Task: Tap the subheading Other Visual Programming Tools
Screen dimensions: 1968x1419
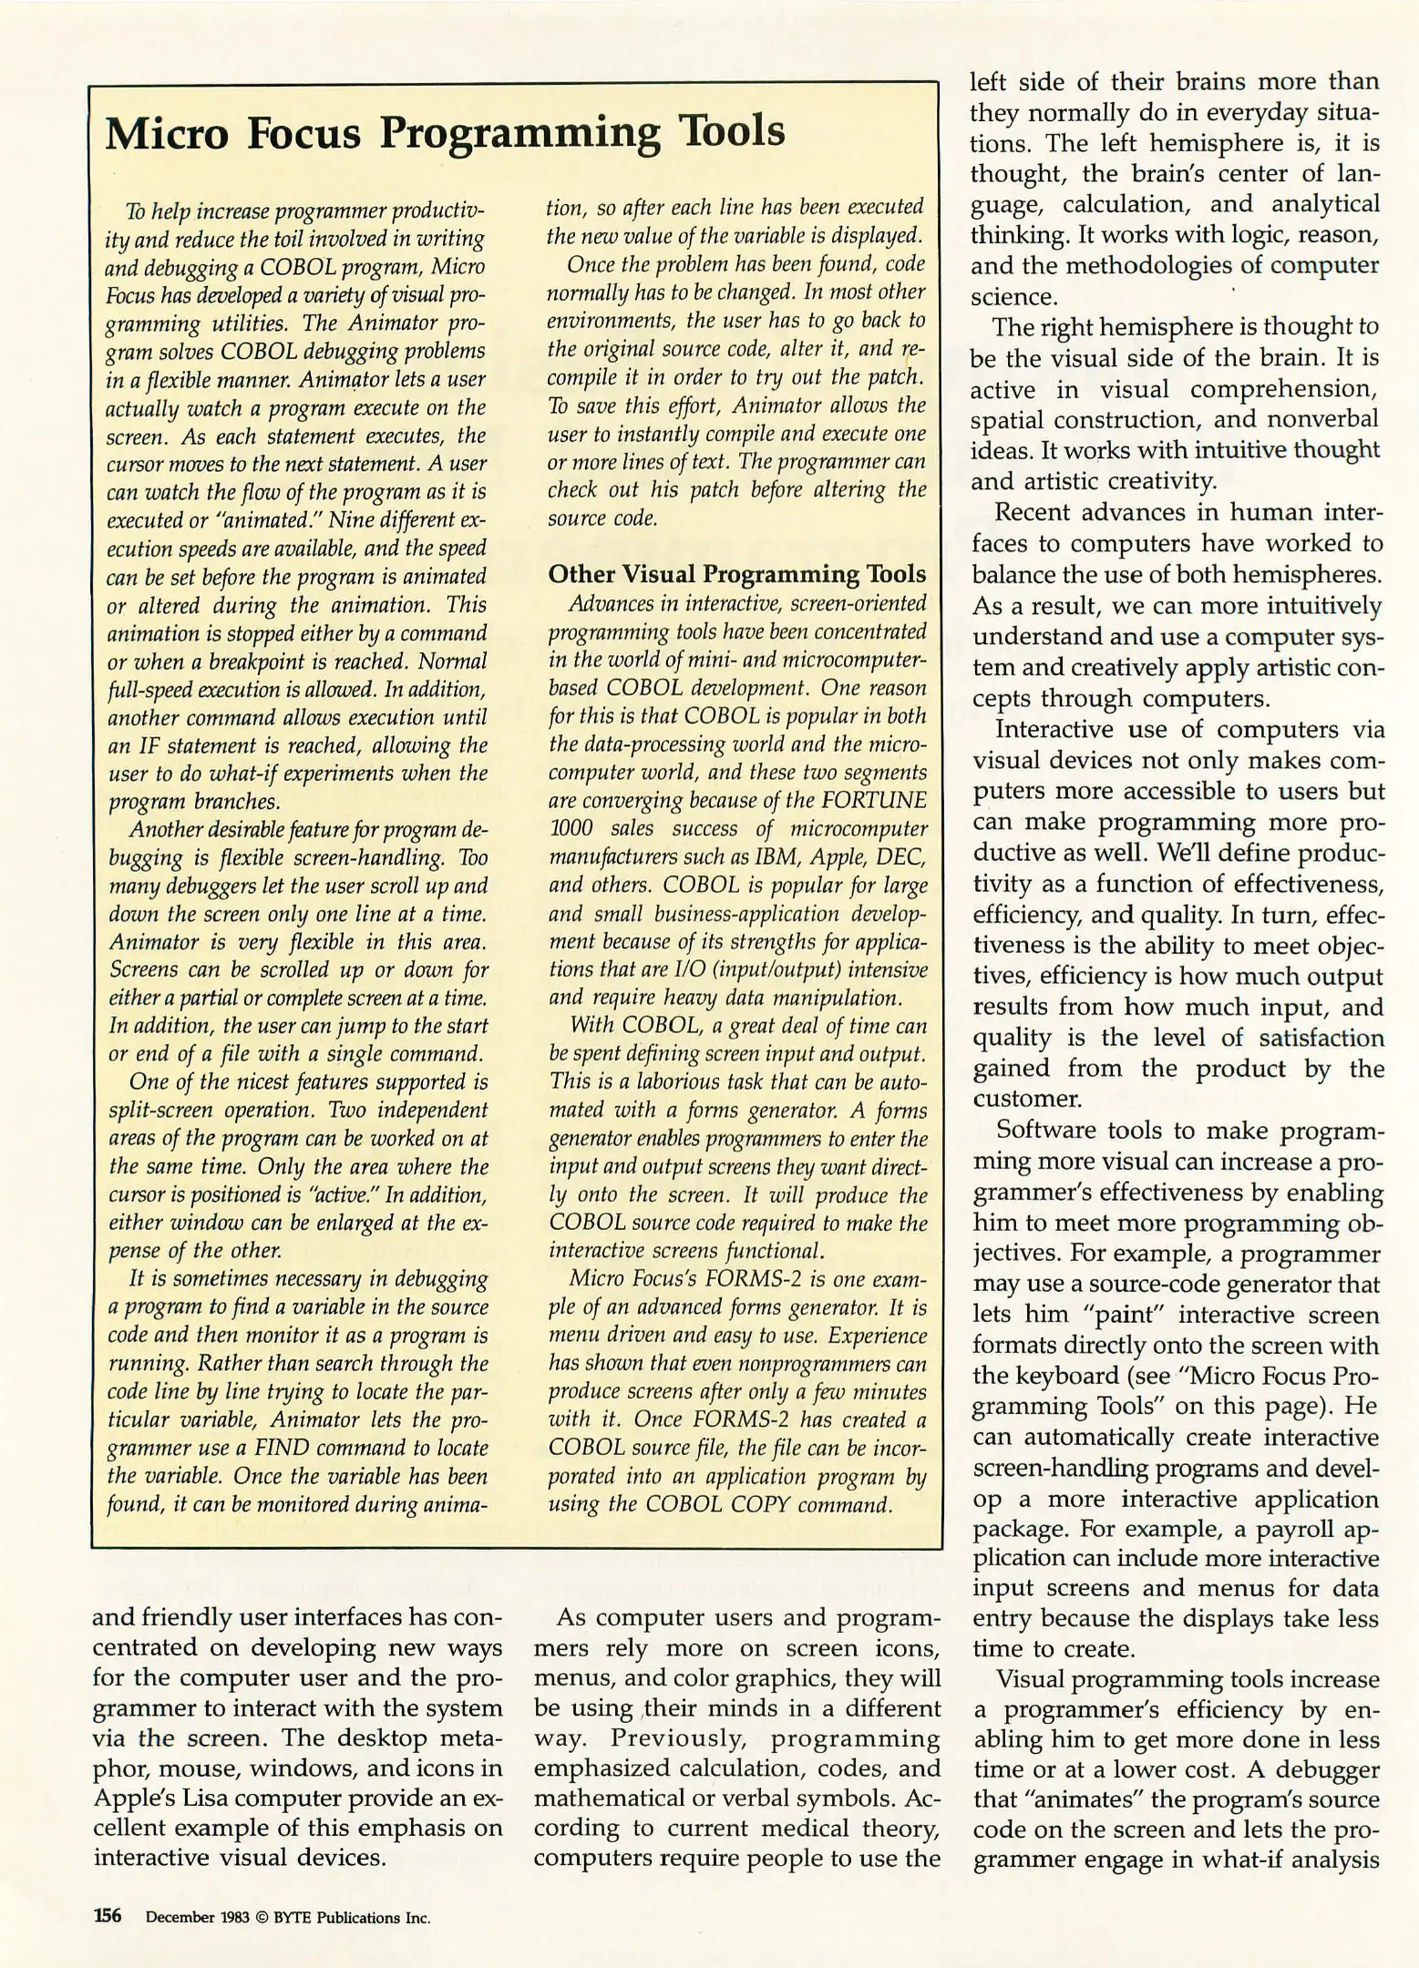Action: tap(736, 574)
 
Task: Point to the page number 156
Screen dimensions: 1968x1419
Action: tap(108, 1915)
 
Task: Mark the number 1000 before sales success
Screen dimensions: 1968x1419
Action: tap(572, 828)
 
